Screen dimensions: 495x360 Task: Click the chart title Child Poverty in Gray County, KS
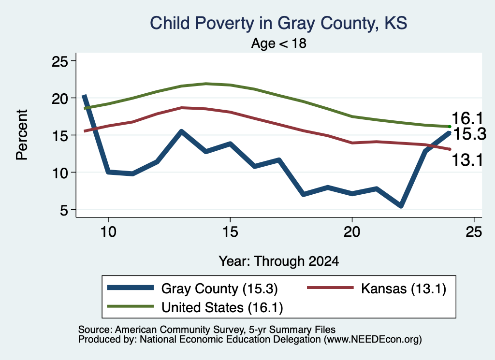click(278, 24)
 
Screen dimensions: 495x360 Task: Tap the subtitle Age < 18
click(279, 43)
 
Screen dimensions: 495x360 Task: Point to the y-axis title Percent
click(22, 135)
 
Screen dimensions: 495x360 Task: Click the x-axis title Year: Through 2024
click(279, 261)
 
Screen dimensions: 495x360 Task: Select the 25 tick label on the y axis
click(59, 61)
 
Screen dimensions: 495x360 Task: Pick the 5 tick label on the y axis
click(64, 210)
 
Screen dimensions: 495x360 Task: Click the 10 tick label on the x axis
click(108, 232)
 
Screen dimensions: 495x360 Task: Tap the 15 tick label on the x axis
click(230, 232)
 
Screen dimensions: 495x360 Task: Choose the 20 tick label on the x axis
click(352, 232)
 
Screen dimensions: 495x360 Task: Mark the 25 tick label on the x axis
click(474, 232)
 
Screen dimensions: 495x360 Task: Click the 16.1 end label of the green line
click(467, 119)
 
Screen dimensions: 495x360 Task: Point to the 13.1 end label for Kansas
click(467, 160)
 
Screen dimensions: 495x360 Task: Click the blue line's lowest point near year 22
click(401, 206)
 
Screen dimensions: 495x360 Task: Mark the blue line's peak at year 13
click(182, 131)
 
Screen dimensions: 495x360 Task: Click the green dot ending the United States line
click(450, 127)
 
